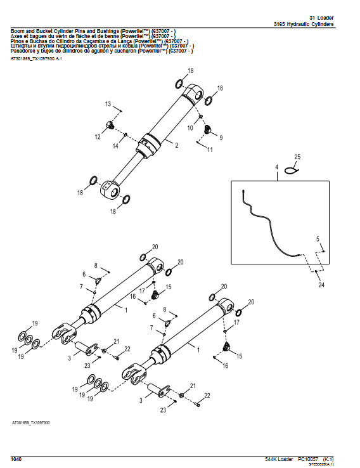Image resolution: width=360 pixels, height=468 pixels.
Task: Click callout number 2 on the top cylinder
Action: tap(176, 146)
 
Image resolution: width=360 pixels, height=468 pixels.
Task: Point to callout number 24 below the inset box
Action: tap(321, 285)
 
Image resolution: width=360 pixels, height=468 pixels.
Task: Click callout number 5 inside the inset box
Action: tap(318, 238)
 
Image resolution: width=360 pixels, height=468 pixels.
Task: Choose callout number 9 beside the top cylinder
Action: tap(221, 137)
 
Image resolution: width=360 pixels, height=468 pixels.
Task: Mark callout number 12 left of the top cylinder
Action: tap(98, 136)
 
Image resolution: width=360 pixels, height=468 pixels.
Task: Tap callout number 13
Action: tap(108, 103)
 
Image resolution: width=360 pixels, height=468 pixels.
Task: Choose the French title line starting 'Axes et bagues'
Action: tap(89, 37)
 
